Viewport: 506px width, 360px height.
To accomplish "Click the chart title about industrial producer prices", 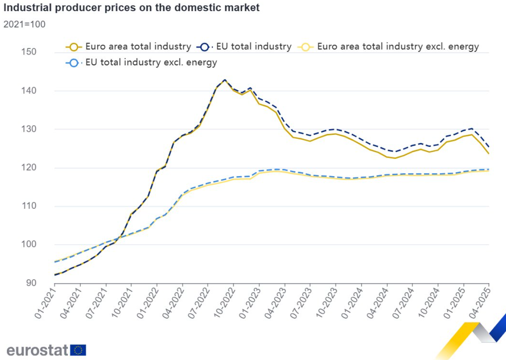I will [x=132, y=8].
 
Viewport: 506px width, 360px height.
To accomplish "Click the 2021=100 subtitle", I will [x=24, y=24].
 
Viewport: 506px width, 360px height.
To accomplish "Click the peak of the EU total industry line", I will [x=224, y=80].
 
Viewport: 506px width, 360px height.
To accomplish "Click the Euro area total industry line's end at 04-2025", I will [x=489, y=153].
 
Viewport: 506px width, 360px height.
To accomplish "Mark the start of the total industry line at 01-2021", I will [x=55, y=275].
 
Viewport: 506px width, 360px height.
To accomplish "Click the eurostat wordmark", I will [x=37, y=350].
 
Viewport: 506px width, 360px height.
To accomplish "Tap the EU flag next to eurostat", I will [x=78, y=350].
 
